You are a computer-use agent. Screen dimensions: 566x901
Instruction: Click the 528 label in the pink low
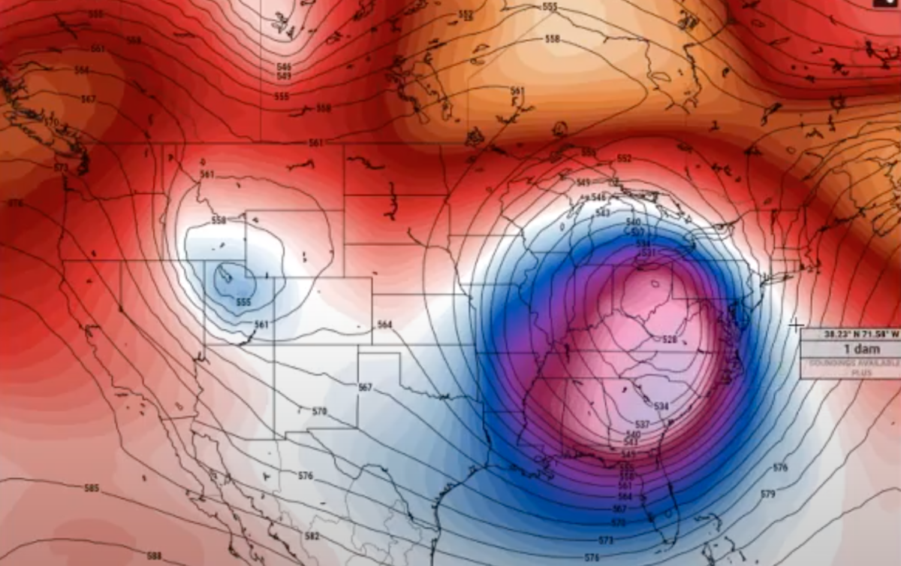(x=670, y=339)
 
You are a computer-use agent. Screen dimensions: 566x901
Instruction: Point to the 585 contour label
(x=92, y=489)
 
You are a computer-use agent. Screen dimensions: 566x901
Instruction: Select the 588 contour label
(x=154, y=555)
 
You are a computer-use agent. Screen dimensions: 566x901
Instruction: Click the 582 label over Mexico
(x=312, y=536)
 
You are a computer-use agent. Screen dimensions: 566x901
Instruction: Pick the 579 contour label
(x=767, y=494)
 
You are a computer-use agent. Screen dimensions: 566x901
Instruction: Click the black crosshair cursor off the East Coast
(x=796, y=325)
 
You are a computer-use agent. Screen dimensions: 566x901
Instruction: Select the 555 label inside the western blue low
(x=243, y=302)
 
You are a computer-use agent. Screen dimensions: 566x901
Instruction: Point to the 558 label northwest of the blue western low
(x=218, y=220)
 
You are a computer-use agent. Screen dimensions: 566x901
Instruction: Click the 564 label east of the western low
(x=384, y=325)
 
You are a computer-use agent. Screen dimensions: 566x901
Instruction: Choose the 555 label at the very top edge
(x=550, y=7)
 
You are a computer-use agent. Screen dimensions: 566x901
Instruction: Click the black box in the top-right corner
(x=887, y=4)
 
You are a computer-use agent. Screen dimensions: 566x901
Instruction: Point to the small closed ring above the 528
(x=652, y=284)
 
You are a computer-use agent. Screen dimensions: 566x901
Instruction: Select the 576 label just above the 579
(x=780, y=468)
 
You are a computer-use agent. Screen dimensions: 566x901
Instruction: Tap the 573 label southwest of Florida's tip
(x=607, y=540)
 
